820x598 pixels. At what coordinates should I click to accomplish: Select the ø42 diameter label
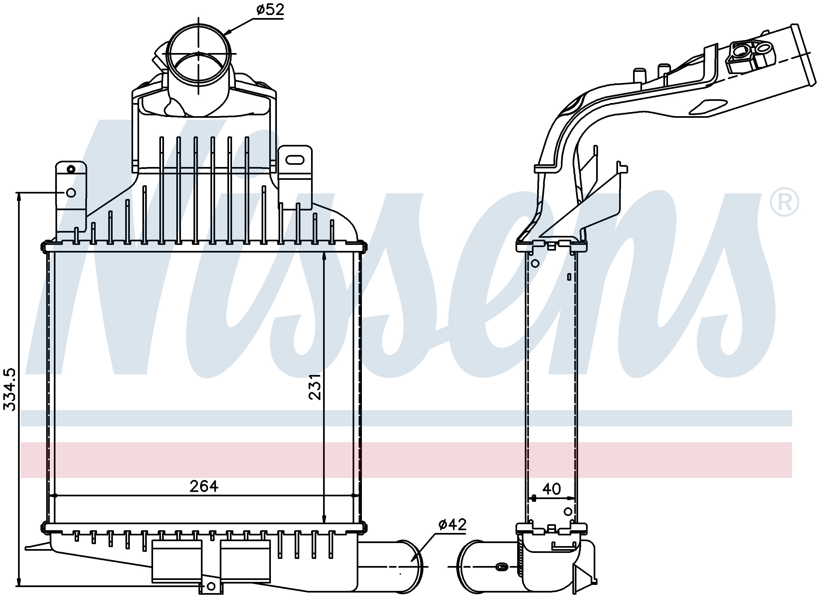[452, 534]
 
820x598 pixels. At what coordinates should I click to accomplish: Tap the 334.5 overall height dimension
[10, 389]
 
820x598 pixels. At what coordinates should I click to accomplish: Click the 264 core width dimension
[204, 486]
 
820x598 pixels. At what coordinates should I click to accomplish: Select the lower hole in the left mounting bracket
[71, 193]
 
